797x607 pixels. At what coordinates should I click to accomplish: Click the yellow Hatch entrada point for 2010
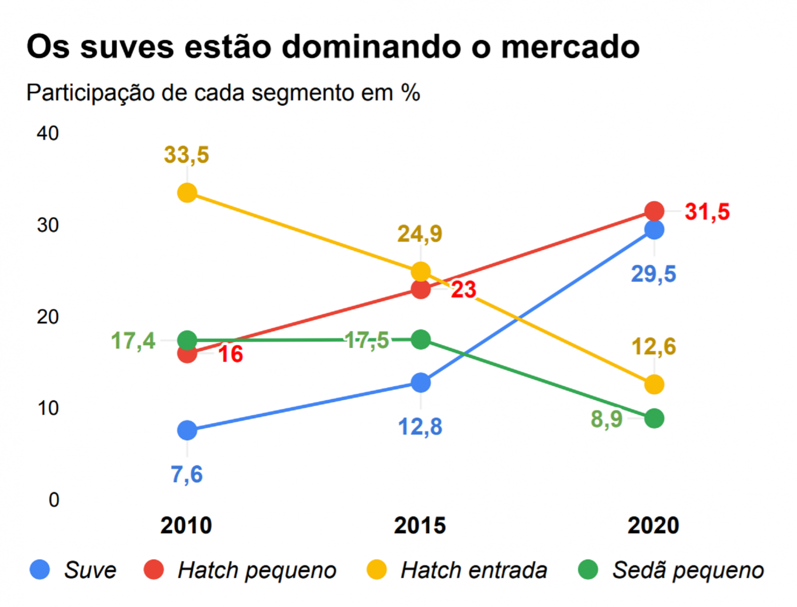[187, 193]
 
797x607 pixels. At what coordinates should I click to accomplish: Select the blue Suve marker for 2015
[420, 383]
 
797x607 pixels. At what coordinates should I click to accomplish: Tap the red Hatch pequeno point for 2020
[654, 211]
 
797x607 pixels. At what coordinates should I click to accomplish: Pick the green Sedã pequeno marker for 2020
[654, 418]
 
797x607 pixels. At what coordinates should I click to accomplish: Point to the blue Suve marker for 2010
[187, 430]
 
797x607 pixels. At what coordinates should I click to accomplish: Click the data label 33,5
[186, 155]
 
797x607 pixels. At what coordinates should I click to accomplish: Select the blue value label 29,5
[653, 274]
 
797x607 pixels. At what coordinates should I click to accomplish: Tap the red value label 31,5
[707, 211]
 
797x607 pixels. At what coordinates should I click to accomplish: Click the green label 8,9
[607, 419]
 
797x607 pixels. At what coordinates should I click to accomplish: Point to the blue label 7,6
[187, 474]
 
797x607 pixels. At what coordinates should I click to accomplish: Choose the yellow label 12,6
[653, 346]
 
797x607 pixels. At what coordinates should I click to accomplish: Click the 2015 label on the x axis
[420, 526]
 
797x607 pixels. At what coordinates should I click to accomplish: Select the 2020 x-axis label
[653, 526]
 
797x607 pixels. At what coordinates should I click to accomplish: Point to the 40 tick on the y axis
[48, 133]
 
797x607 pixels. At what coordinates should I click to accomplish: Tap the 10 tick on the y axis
[48, 408]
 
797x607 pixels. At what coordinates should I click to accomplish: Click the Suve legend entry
[89, 570]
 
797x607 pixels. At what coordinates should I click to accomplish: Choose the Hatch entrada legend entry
[473, 570]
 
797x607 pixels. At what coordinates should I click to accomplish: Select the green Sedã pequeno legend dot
[588, 570]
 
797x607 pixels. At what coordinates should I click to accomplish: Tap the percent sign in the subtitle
[410, 93]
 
